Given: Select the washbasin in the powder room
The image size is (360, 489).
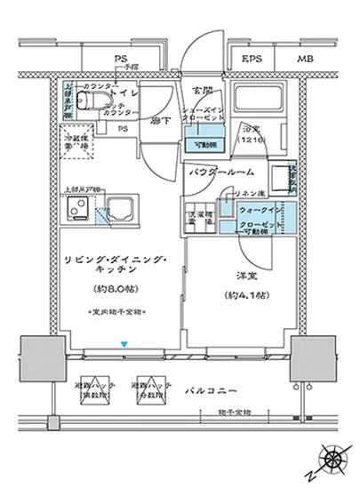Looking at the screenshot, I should [283, 178].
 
